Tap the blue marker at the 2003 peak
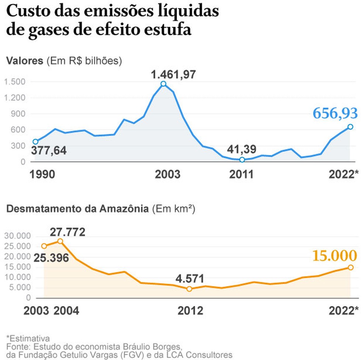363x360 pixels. (163, 84)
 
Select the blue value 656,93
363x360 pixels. (335, 113)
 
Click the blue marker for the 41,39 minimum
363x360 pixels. (242, 160)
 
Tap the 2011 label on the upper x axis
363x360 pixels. (242, 174)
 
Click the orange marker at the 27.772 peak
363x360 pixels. (60, 241)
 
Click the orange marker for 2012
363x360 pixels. (189, 289)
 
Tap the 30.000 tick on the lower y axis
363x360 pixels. (17, 236)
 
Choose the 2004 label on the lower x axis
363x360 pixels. (66, 311)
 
